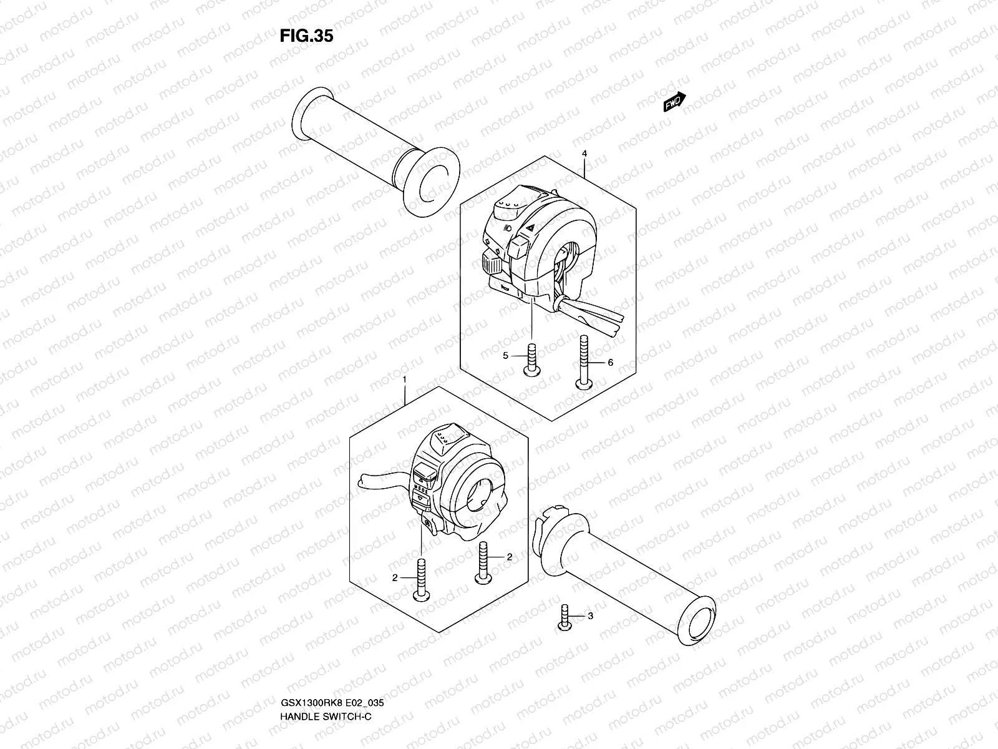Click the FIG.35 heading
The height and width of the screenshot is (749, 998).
pos(306,36)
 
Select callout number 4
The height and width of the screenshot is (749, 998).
pos(584,154)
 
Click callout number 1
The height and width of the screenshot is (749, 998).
pos(405,379)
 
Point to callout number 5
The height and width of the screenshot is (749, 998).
pos(506,356)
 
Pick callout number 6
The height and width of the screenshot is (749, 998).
pos(610,363)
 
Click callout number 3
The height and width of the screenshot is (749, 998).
pos(590,617)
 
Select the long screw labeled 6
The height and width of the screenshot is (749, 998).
pos(584,362)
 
